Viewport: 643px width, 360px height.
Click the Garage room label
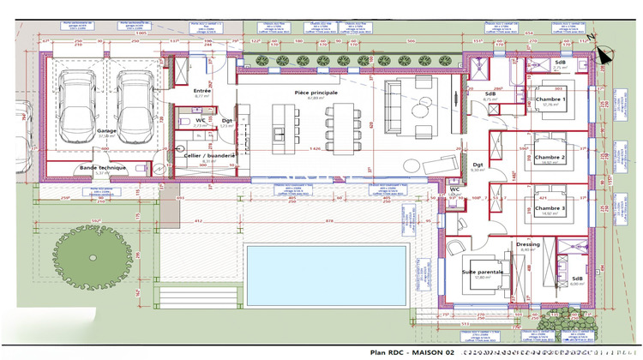pyautogui.click(x=107, y=130)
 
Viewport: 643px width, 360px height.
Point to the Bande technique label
pyautogui.click(x=103, y=167)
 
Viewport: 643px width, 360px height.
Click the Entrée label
pyautogui.click(x=202, y=90)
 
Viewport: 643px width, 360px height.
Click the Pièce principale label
pyautogui.click(x=316, y=92)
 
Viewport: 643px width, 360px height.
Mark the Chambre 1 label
pyautogui.click(x=550, y=99)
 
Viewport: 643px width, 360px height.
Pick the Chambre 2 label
pyautogui.click(x=550, y=157)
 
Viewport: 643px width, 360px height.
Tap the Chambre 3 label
pyautogui.click(x=550, y=208)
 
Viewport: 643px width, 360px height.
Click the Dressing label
pyautogui.click(x=528, y=244)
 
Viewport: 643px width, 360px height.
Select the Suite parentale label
pyautogui.click(x=484, y=272)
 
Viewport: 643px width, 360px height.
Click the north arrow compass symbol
pyautogui.click(x=602, y=53)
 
